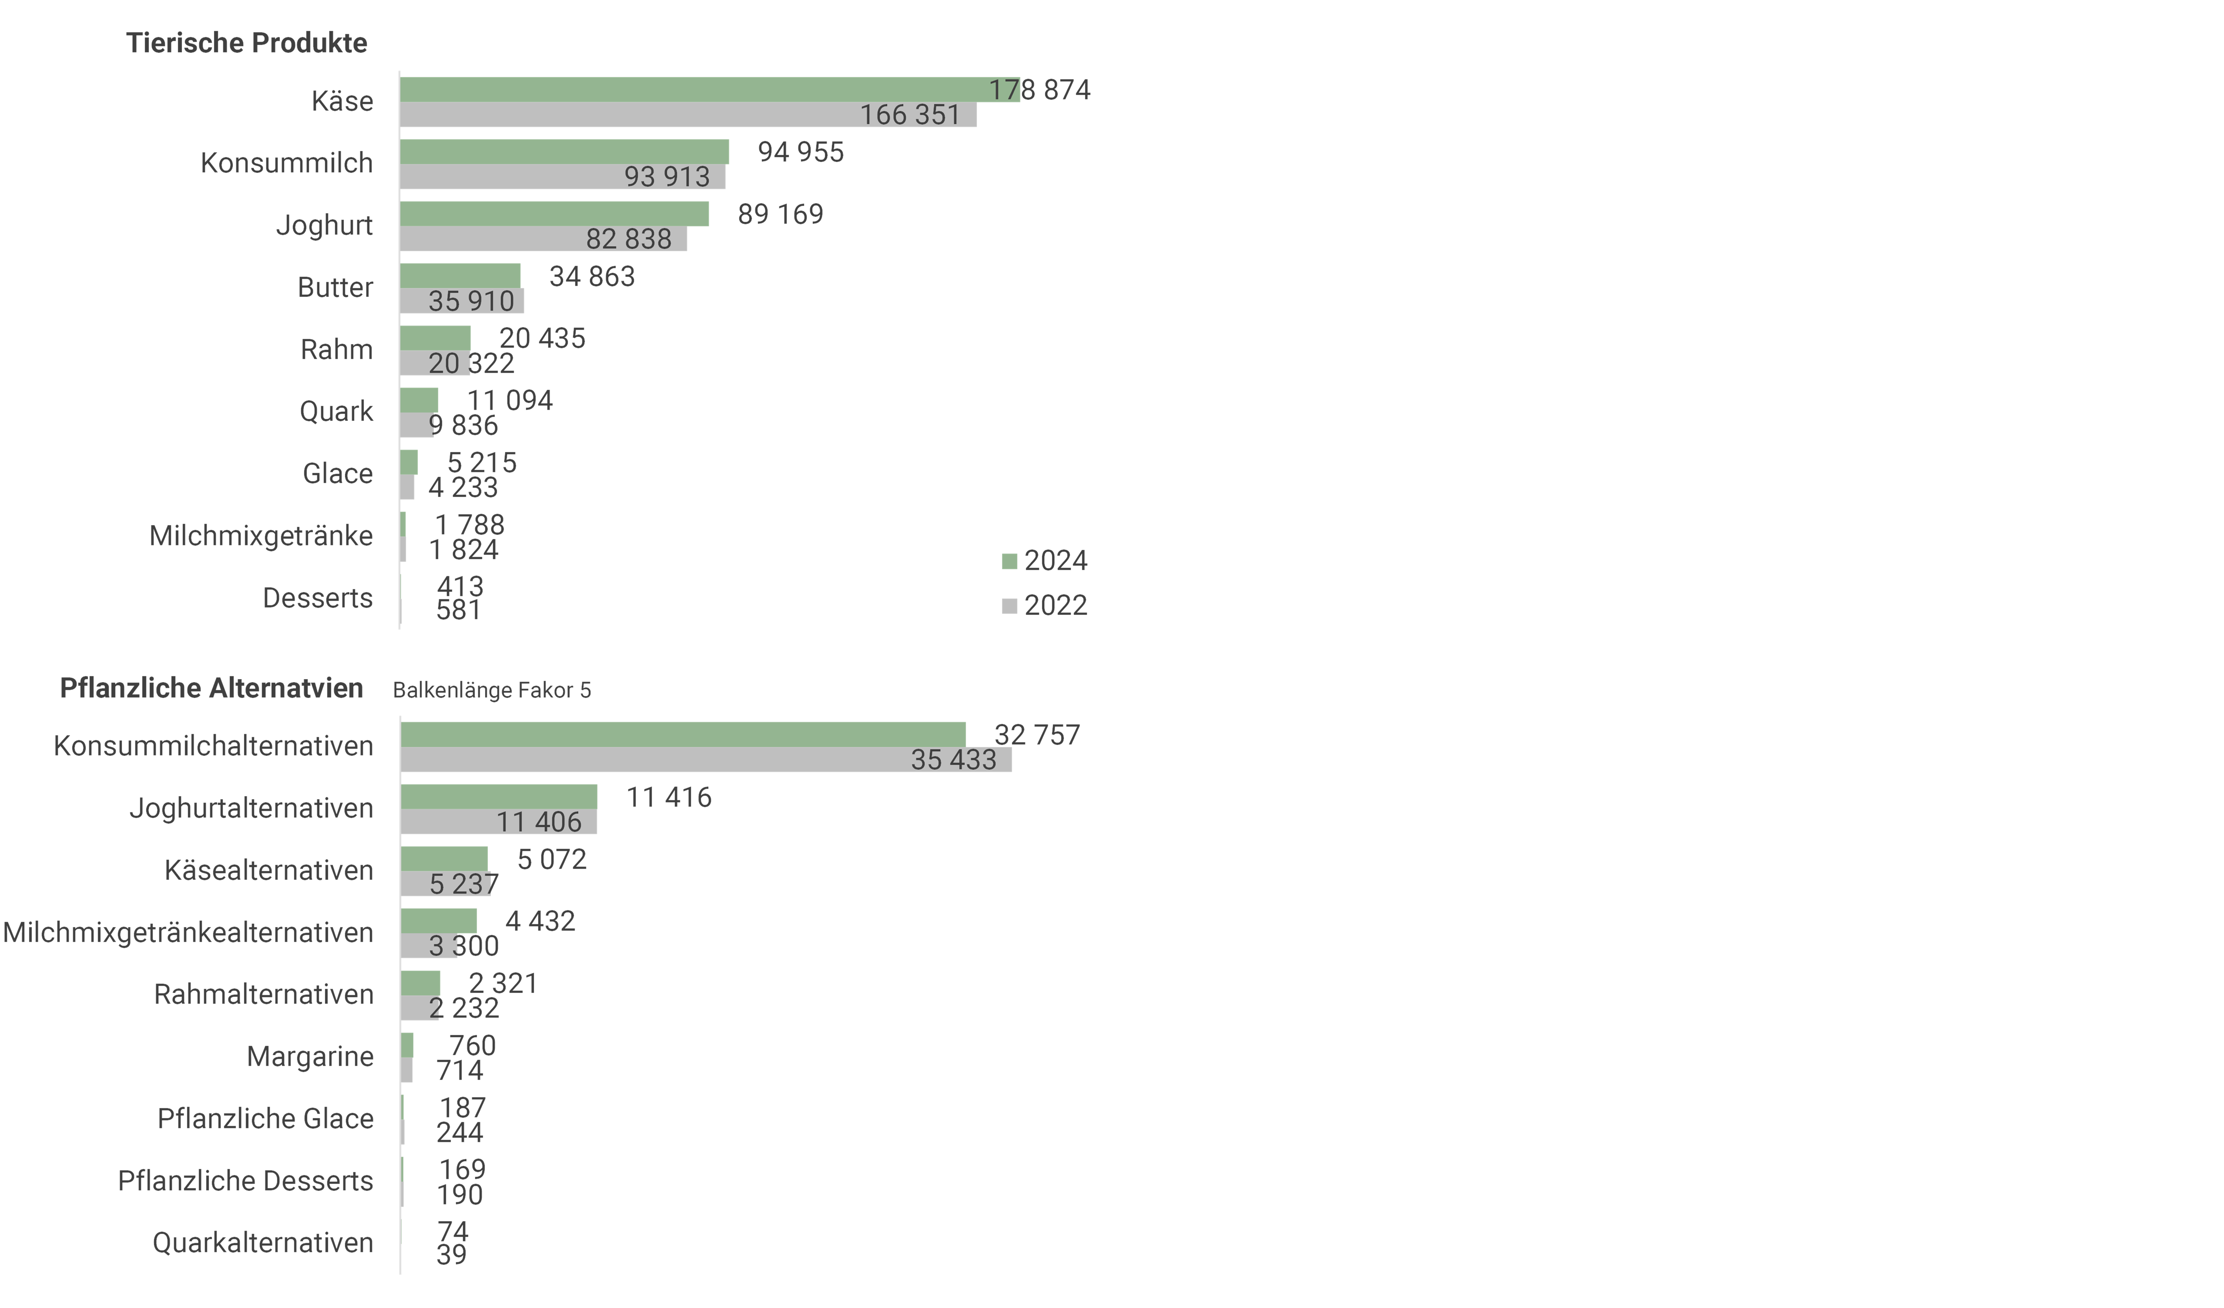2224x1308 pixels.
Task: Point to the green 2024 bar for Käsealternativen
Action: pyautogui.click(x=444, y=859)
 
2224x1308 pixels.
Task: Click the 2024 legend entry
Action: pyautogui.click(x=1045, y=560)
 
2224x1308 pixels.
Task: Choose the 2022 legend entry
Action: pyautogui.click(x=1045, y=605)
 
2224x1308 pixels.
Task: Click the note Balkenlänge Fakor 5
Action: pyautogui.click(x=492, y=690)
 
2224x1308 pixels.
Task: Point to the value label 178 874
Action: pyautogui.click(x=1040, y=90)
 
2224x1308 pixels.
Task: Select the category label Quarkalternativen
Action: pyautogui.click(x=263, y=1243)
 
